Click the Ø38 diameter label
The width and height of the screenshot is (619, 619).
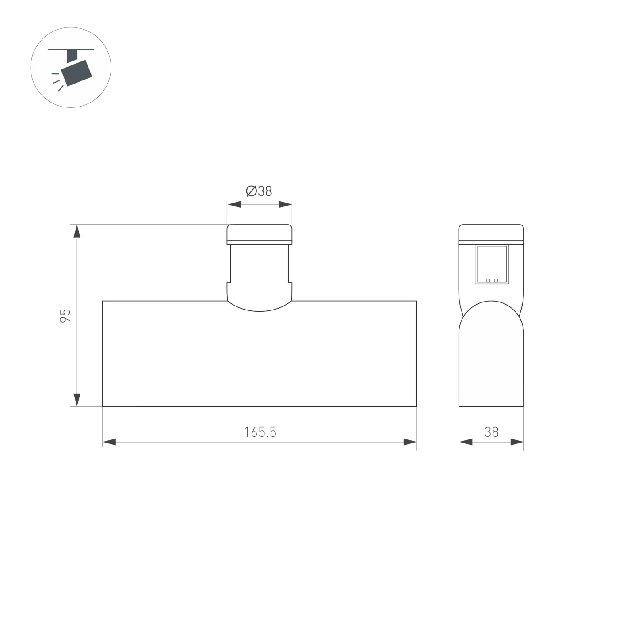259,191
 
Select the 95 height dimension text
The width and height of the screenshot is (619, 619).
65,315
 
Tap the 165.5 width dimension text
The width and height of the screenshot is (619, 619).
260,432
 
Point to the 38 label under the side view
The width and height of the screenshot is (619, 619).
491,432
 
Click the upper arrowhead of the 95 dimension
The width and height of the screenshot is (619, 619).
77,232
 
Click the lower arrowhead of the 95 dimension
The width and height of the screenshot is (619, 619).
77,399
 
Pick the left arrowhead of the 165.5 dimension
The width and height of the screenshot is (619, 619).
109,442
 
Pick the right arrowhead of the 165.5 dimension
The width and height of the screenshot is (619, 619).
410,442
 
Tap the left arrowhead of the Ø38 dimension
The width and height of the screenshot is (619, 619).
234,204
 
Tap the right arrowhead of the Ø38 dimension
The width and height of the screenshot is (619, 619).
286,204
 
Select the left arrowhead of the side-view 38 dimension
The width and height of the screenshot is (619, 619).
466,442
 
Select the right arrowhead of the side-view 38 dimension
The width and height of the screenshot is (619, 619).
517,442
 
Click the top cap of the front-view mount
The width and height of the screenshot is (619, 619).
260,233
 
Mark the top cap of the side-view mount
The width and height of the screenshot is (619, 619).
491,233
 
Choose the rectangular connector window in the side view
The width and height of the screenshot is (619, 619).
492,264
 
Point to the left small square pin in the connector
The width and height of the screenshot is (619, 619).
488,280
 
